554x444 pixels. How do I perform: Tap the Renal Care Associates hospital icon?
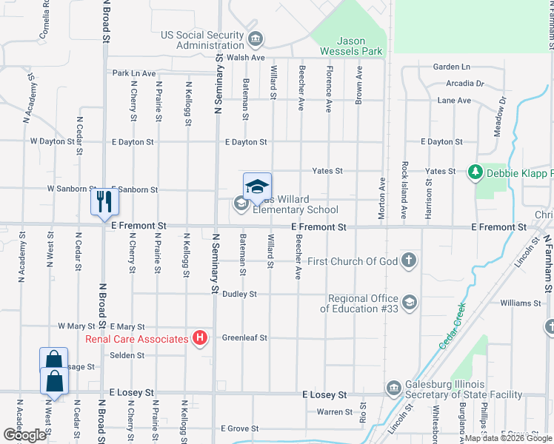click(198, 339)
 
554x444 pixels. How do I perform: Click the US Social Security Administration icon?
click(256, 38)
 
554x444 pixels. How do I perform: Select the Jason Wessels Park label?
click(351, 46)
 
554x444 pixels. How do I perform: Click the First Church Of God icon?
click(409, 260)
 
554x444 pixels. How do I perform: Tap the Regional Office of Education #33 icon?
click(409, 303)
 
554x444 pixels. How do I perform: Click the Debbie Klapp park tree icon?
click(475, 172)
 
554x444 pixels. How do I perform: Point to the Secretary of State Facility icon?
click(393, 388)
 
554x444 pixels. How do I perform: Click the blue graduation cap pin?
click(257, 186)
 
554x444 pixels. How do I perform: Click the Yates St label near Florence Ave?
click(327, 171)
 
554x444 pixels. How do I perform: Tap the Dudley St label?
click(239, 294)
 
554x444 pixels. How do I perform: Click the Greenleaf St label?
click(244, 338)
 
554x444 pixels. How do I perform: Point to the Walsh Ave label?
click(246, 57)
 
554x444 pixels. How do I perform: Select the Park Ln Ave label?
click(134, 73)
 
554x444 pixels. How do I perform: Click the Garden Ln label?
click(452, 67)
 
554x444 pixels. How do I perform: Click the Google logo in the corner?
click(24, 435)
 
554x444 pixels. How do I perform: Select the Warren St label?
click(336, 411)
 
